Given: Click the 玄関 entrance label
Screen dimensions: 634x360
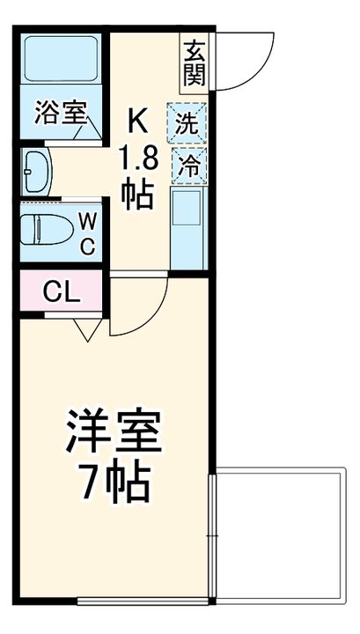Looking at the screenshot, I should coord(195,63).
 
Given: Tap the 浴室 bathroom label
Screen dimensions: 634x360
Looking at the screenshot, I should coord(60,113).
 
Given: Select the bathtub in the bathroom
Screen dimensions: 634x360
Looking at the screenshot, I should coord(60,59).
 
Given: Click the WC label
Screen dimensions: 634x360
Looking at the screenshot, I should coord(88,233).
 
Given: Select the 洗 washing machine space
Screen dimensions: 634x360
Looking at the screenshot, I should coord(187,124).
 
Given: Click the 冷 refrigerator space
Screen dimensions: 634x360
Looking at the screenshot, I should coord(187,163).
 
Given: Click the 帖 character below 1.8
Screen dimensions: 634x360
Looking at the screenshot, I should coord(139,194).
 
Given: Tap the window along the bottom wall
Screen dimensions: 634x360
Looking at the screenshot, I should coord(141,602).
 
